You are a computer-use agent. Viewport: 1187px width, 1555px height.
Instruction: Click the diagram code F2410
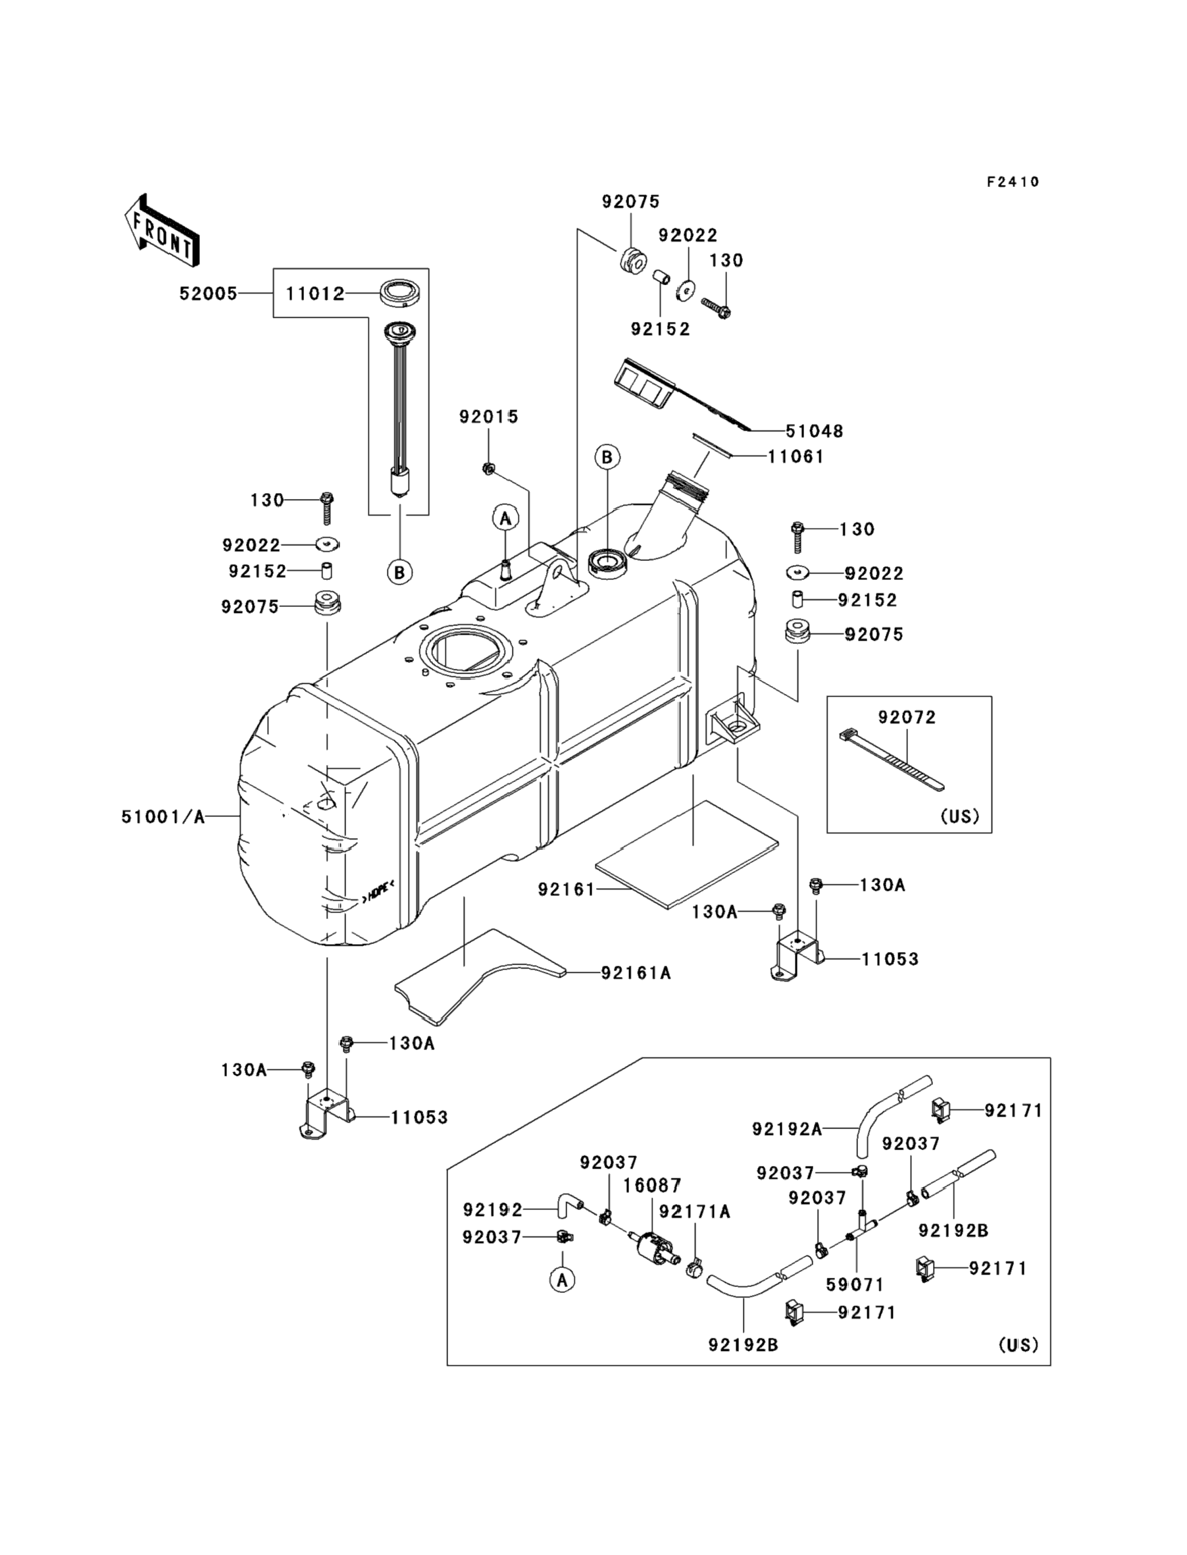[x=1013, y=182]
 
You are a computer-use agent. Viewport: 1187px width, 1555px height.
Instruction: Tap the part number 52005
[x=209, y=294]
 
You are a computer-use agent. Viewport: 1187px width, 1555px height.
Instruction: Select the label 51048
[x=814, y=431]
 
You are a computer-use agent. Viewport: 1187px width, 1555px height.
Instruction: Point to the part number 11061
[x=796, y=458]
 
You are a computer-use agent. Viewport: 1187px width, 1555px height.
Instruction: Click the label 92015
[x=489, y=417]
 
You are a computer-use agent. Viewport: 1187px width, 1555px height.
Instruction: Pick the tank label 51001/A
[x=163, y=817]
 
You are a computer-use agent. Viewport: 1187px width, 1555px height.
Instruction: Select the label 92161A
[x=636, y=973]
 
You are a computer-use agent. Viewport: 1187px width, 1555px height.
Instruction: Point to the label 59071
[x=855, y=1284]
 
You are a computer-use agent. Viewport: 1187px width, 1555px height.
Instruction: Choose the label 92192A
[x=786, y=1130]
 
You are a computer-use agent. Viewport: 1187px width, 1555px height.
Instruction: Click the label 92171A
[x=695, y=1211]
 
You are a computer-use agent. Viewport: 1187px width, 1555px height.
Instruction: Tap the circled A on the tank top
[x=505, y=519]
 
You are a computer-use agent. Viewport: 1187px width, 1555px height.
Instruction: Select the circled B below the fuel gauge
[x=399, y=572]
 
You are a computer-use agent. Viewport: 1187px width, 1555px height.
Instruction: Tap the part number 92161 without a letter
[x=566, y=890]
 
